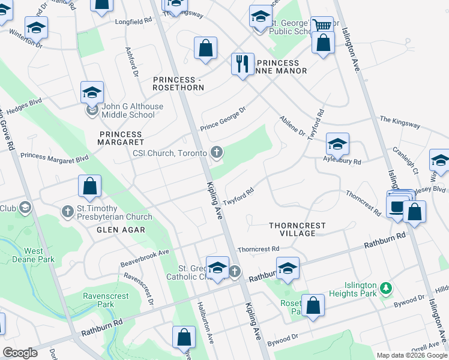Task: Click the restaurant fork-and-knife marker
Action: pos(243,64)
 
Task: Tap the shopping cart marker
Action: pos(323,26)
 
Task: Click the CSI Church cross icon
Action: pos(217,153)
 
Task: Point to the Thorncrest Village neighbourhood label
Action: pos(297,229)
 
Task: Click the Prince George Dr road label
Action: pos(223,119)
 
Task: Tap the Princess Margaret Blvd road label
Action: pos(54,157)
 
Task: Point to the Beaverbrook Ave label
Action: pos(145,256)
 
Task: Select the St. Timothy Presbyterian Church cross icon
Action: pos(68,211)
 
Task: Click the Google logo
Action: pos(20,353)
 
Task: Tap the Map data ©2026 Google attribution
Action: pos(411,355)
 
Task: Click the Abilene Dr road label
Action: pos(292,125)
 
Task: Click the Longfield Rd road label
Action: pos(131,21)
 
